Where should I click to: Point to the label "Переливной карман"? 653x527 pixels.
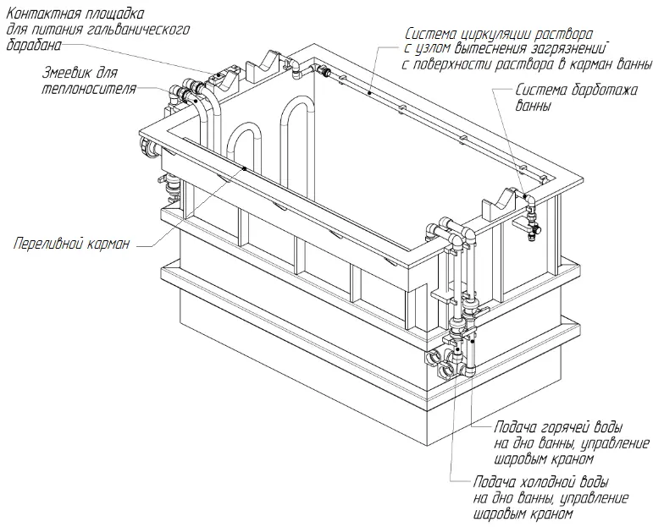(x=71, y=244)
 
